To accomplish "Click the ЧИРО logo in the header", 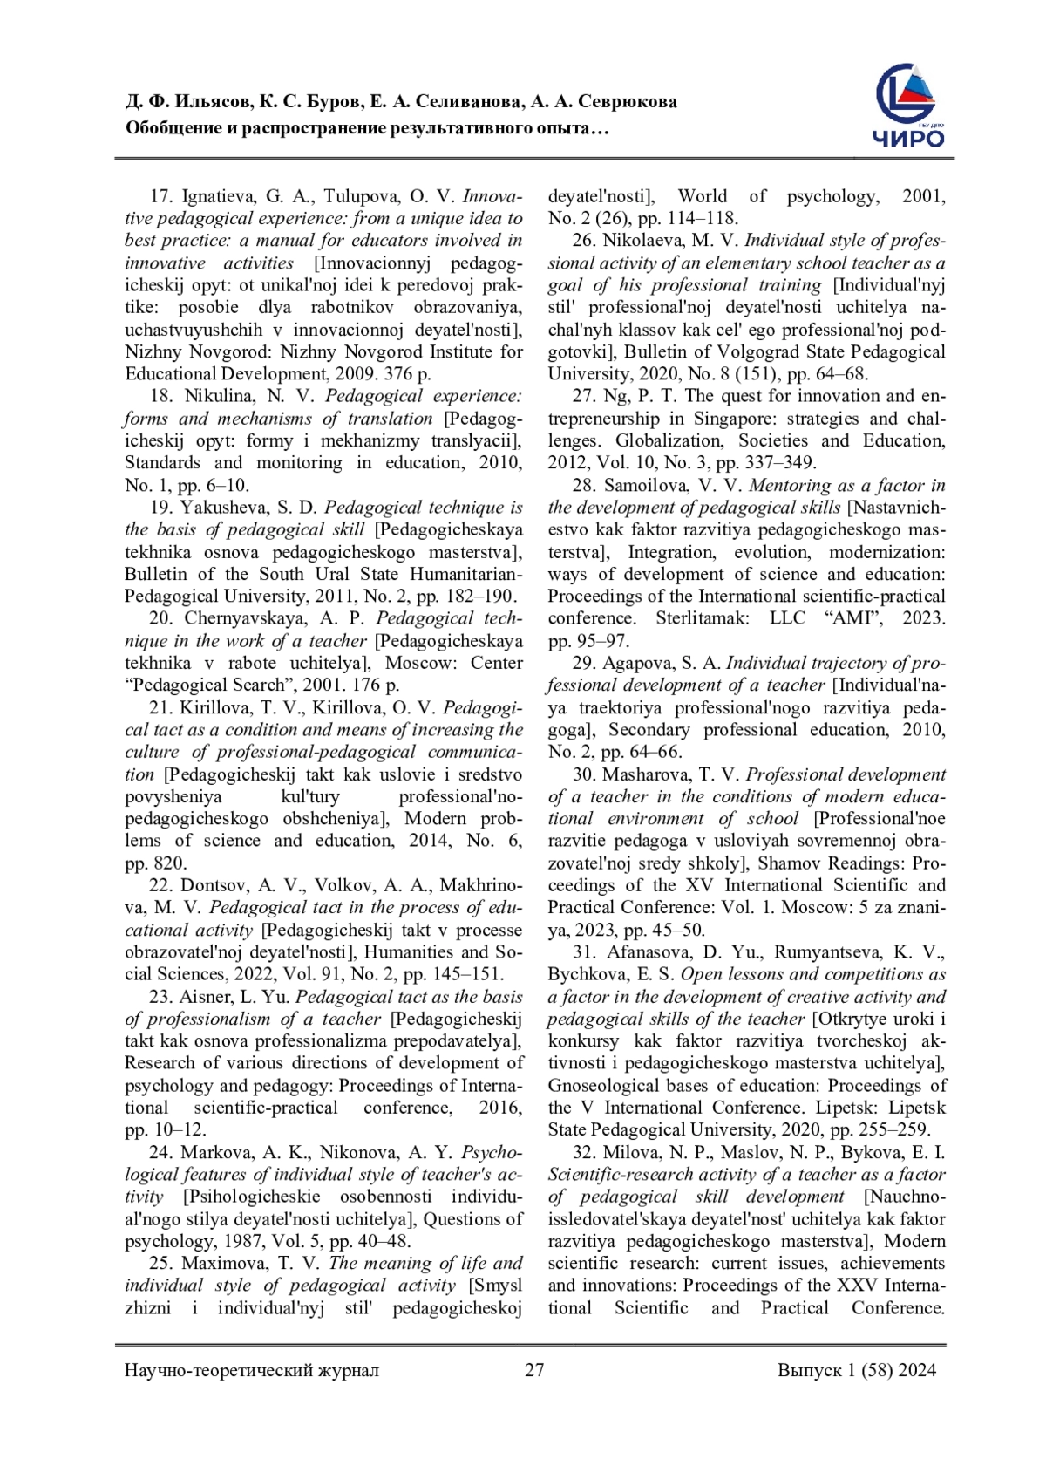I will click(x=908, y=105).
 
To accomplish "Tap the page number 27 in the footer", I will click(x=534, y=1369).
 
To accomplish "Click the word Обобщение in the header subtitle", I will click(x=172, y=129).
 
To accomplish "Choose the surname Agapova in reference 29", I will click(x=634, y=663).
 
